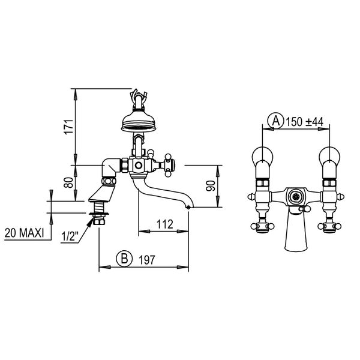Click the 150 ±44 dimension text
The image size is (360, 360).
(305, 121)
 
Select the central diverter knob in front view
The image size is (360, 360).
(295, 196)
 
